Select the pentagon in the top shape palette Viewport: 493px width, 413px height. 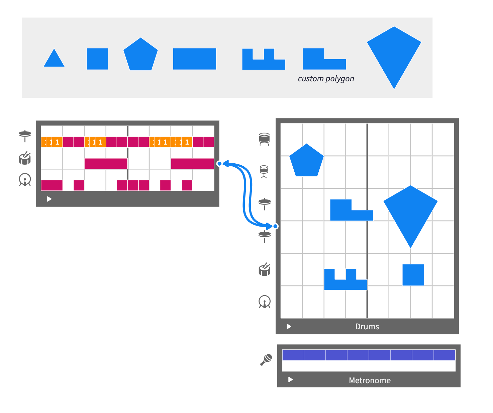tap(140, 55)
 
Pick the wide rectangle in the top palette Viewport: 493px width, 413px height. tap(194, 59)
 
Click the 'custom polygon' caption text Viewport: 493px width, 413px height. tap(326, 79)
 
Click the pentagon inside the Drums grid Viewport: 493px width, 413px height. tap(306, 161)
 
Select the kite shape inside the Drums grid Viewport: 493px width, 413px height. tap(410, 211)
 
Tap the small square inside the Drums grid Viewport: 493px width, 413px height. tap(413, 275)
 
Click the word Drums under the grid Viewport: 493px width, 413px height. tap(367, 327)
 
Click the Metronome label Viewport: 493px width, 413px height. tap(370, 381)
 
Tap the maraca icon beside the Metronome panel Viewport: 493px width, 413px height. tap(266, 360)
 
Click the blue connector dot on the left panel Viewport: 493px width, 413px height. tap(219, 164)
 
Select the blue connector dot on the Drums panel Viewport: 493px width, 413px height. tap(276, 226)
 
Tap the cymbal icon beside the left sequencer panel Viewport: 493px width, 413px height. tap(25, 135)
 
